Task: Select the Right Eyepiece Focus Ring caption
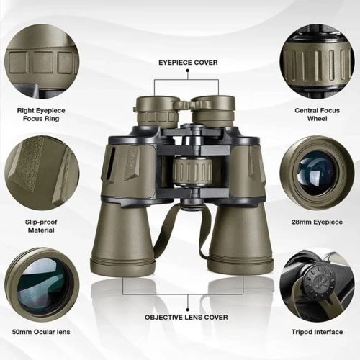pos(42,114)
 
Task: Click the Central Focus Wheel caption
pos(317,114)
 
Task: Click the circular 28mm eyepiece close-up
pos(317,173)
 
